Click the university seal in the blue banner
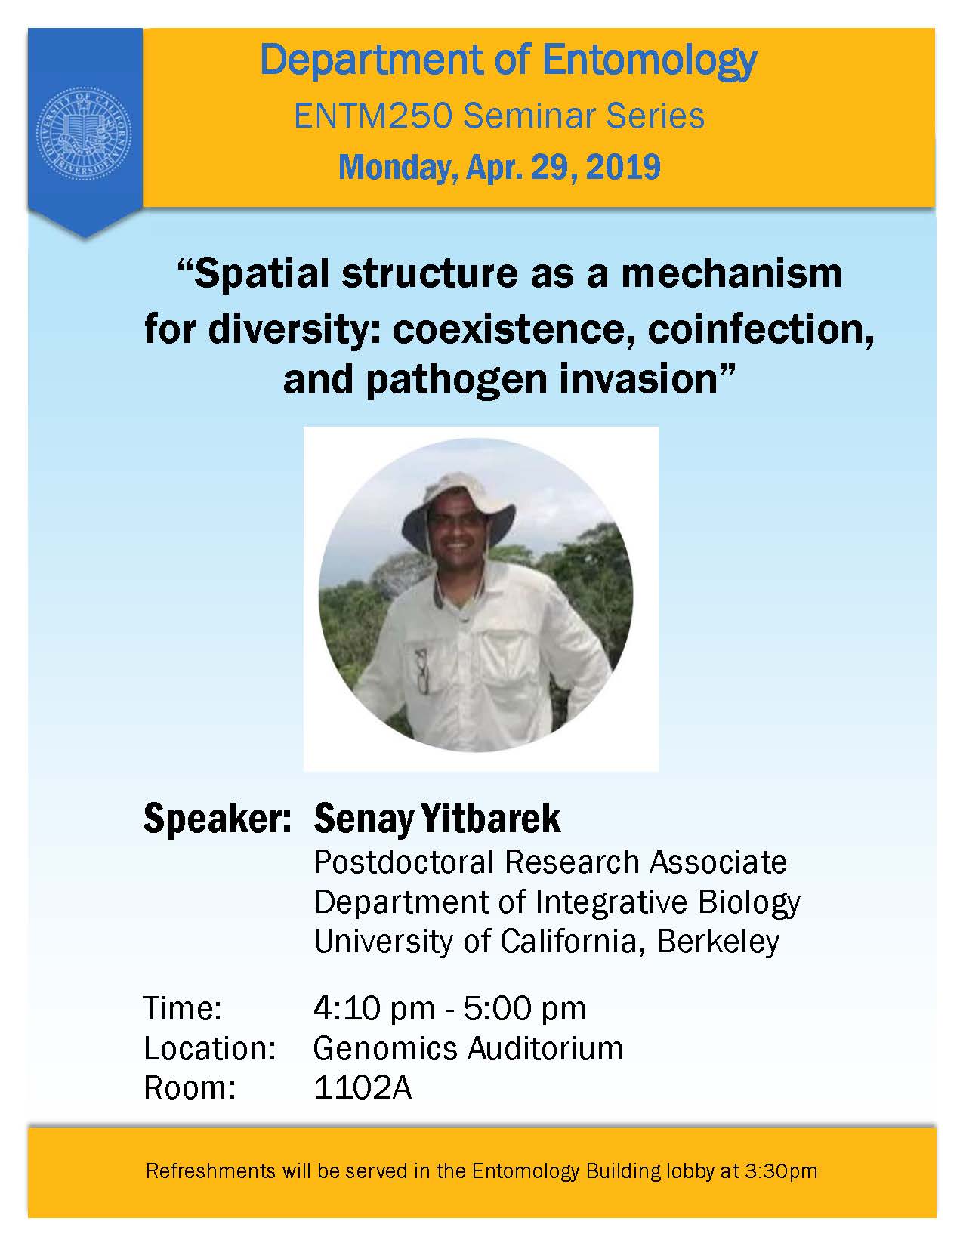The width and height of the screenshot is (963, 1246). point(85,134)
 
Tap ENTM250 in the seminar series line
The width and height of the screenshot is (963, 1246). point(373,116)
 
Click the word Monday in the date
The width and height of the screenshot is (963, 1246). point(397,168)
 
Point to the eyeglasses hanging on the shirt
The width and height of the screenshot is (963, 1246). point(423,671)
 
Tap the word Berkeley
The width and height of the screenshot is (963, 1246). point(718,942)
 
